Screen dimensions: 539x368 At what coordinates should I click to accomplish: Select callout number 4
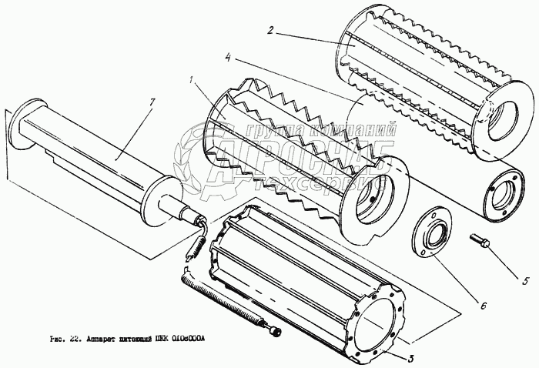coord(229,56)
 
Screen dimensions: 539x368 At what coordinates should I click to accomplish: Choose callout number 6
coord(484,306)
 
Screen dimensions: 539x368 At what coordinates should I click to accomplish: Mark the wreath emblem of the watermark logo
coord(199,162)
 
